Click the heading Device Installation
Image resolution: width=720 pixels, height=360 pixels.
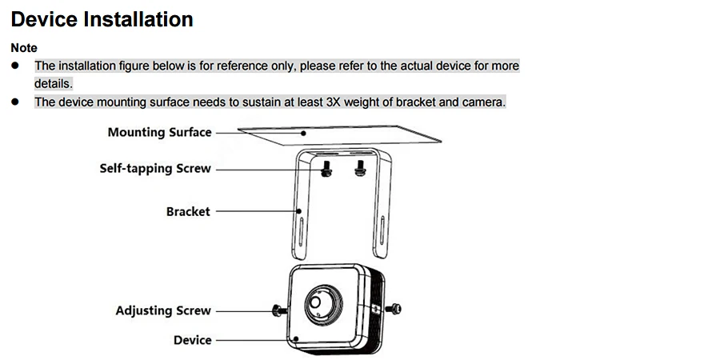102,19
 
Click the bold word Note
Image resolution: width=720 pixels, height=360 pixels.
24,48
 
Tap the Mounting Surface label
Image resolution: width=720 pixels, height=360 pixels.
160,132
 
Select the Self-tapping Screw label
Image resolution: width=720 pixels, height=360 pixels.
155,169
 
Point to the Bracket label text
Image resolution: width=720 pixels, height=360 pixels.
188,212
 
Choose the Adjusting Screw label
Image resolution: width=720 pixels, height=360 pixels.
163,310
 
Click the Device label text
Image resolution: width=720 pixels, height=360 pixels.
192,340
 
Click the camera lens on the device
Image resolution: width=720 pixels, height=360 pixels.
316,302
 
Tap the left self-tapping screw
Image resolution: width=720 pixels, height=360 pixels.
326,169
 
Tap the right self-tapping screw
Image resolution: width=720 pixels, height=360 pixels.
360,169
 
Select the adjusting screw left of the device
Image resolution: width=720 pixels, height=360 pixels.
278,310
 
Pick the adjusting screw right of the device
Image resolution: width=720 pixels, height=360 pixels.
394,309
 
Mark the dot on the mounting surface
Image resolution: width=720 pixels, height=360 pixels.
303,133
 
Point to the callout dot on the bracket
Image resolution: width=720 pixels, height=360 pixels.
299,211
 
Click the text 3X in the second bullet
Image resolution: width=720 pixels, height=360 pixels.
333,102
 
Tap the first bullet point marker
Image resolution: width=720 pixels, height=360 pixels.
15,66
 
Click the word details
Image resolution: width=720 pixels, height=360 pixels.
54,83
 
